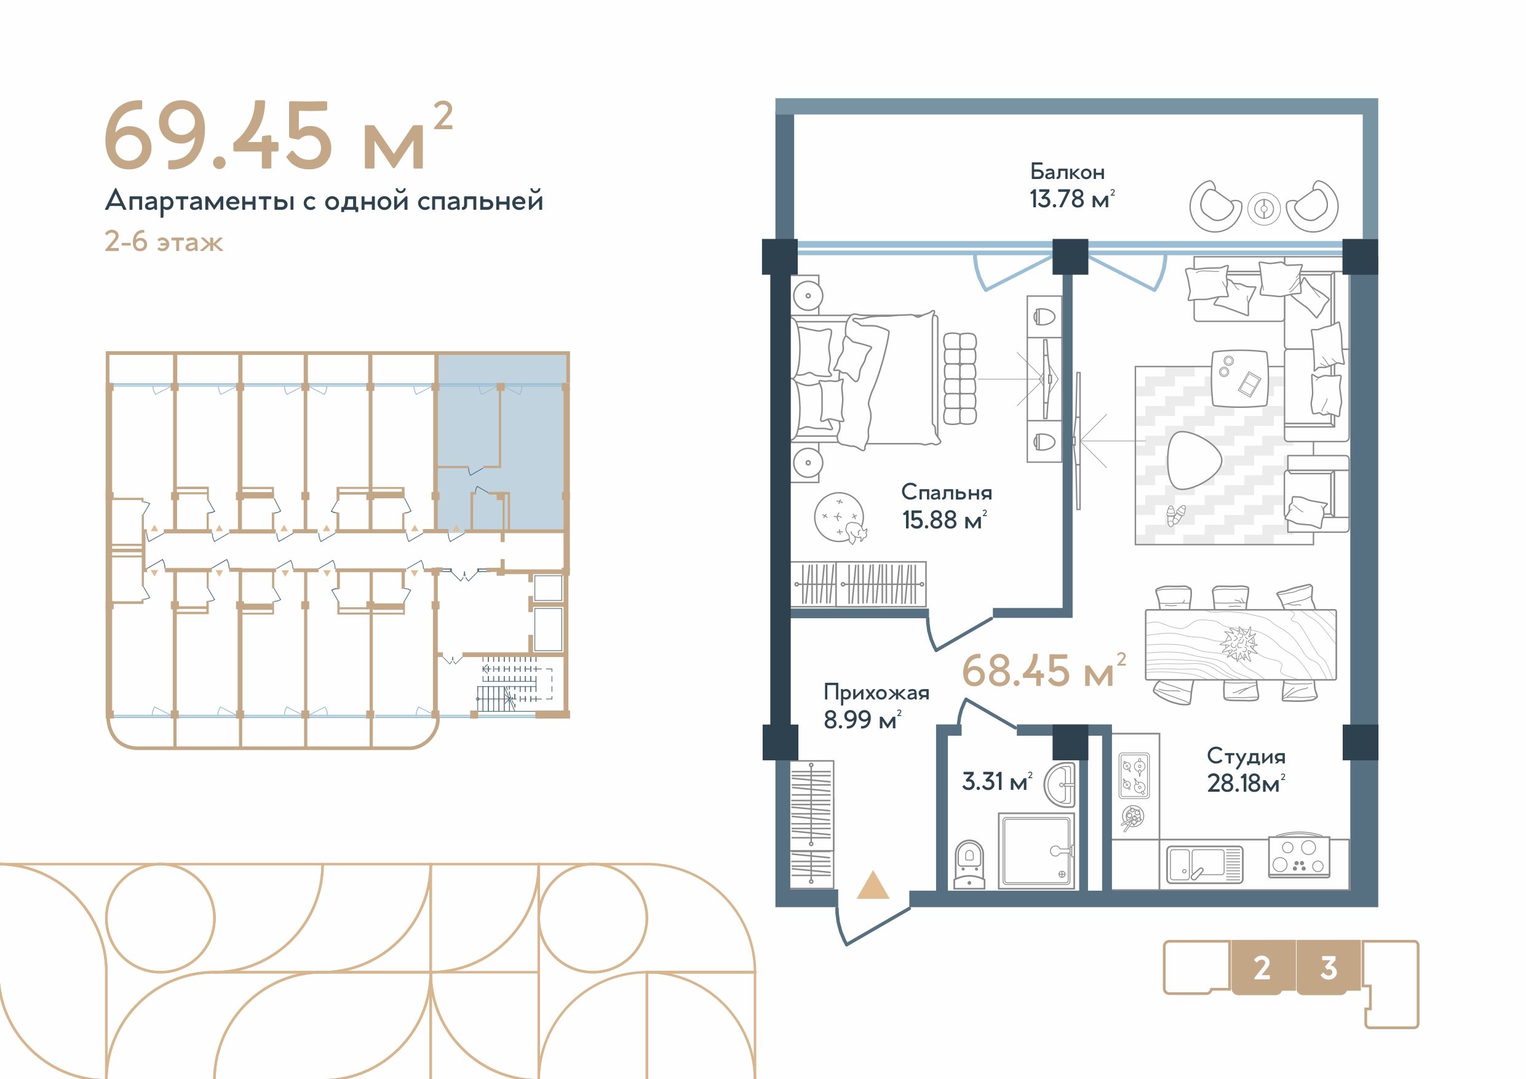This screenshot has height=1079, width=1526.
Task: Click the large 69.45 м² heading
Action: (x=279, y=137)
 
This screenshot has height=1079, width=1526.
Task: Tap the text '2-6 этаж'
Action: (x=164, y=241)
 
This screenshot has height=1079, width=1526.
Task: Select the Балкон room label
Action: (x=1067, y=172)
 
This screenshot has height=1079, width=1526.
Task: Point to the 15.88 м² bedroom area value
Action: (x=944, y=520)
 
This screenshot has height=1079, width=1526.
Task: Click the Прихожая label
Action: (x=876, y=693)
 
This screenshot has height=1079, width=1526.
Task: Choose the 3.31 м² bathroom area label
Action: (x=997, y=781)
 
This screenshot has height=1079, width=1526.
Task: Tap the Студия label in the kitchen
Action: (x=1246, y=756)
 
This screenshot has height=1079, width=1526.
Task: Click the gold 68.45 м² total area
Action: (x=1044, y=669)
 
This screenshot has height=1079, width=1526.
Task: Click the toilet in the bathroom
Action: (x=969, y=865)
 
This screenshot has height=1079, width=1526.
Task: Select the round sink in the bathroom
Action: (x=1059, y=784)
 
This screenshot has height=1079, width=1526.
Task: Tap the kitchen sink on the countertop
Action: (x=1205, y=864)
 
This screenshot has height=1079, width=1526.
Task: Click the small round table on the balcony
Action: (x=1263, y=209)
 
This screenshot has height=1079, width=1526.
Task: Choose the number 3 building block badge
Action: (x=1329, y=969)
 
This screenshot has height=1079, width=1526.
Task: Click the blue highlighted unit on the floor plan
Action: (x=500, y=442)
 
